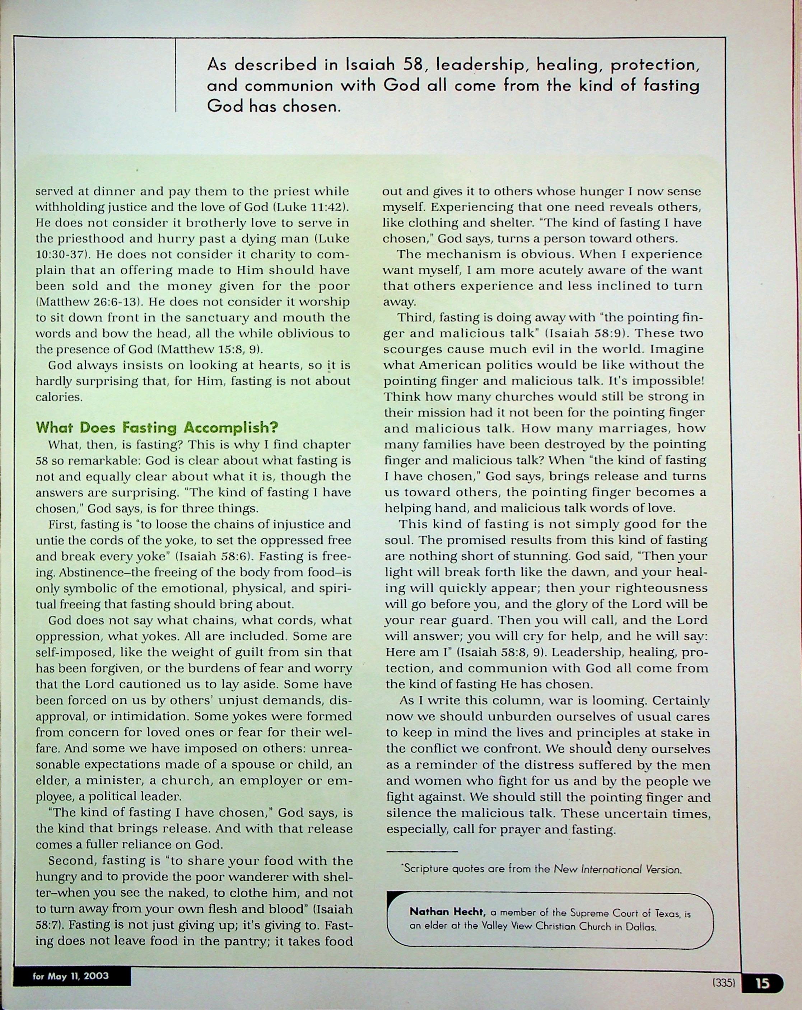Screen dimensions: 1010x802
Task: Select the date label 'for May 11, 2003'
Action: point(71,976)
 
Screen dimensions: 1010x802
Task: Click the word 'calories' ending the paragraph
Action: point(59,397)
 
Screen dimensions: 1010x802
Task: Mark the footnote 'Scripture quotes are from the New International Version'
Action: point(541,869)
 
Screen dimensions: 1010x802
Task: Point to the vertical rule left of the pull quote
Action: point(176,75)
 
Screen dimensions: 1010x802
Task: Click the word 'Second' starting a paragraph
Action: point(73,861)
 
